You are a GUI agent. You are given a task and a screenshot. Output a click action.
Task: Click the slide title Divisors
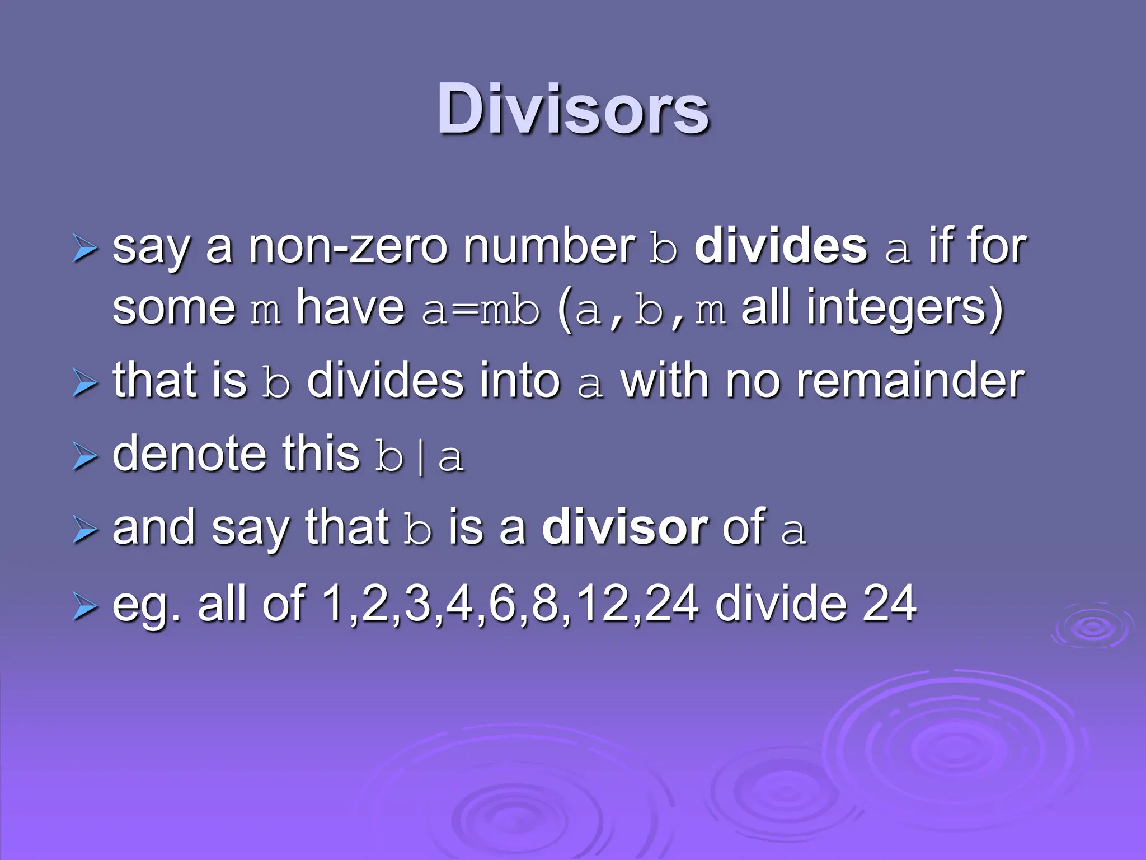coord(573,109)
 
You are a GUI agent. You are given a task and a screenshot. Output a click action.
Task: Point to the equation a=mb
coord(481,310)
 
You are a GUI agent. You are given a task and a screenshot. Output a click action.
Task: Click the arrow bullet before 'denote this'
coord(85,457)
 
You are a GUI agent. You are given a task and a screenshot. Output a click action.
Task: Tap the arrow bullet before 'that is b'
coord(85,384)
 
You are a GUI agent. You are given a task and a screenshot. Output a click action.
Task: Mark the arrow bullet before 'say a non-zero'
coord(85,249)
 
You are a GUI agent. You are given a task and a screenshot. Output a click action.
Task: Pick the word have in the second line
coord(350,308)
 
